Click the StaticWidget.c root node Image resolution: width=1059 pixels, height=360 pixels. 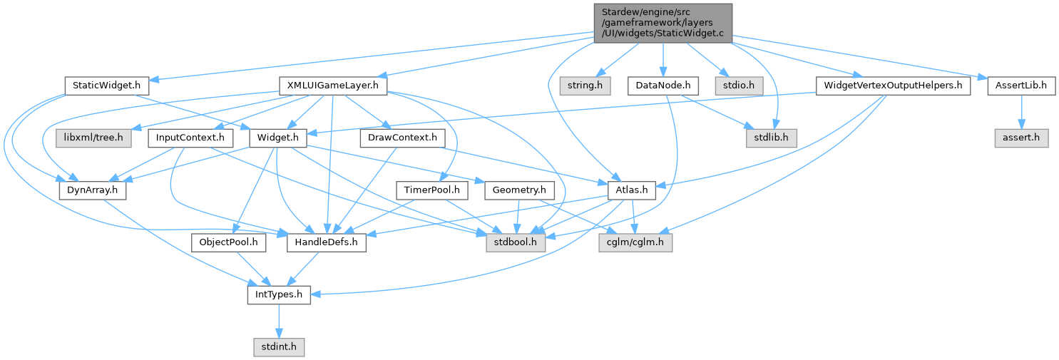coord(662,23)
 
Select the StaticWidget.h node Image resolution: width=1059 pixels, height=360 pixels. coord(106,86)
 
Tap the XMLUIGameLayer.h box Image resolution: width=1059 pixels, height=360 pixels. coord(332,86)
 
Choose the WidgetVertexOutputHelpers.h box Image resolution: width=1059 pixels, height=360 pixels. coord(893,86)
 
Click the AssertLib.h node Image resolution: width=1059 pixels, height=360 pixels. coord(1021,86)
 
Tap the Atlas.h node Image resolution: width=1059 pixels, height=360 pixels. coord(631,190)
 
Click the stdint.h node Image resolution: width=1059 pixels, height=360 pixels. coord(279,347)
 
